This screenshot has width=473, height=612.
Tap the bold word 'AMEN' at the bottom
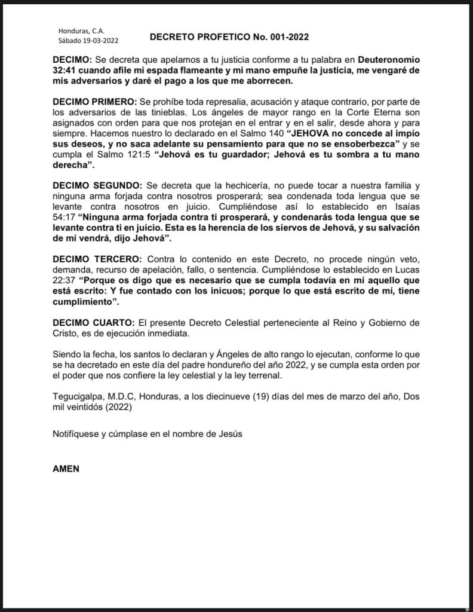click(66, 469)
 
